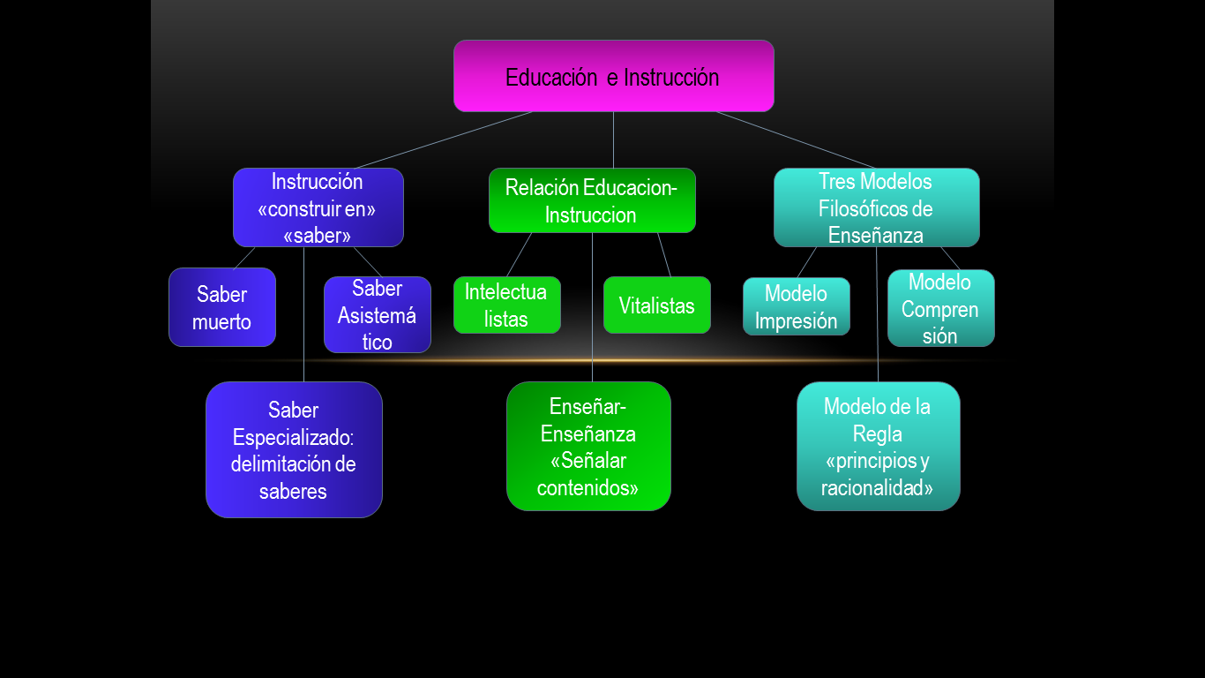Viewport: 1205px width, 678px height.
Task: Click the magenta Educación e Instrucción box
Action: tap(613, 76)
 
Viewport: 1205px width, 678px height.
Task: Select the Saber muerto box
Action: tap(222, 307)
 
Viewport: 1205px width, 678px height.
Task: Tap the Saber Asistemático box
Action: tap(377, 315)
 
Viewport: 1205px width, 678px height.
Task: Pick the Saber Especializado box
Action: tap(294, 449)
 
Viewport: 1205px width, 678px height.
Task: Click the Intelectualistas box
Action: tap(506, 305)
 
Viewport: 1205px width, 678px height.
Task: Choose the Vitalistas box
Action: tap(656, 305)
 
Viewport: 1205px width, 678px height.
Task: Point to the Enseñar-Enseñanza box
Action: tap(588, 446)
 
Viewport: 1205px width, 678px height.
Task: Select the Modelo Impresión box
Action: tap(796, 306)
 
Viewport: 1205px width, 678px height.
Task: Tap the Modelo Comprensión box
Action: tap(940, 308)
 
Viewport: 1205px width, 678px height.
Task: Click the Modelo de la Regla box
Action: tap(878, 446)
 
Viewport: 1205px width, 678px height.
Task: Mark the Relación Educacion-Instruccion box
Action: tap(592, 200)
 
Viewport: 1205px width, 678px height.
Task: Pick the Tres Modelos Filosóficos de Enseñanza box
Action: tap(876, 207)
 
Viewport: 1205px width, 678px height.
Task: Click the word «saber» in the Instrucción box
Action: tap(318, 236)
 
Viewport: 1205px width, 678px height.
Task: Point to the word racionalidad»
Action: tap(877, 488)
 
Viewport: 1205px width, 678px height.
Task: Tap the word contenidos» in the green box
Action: tap(588, 487)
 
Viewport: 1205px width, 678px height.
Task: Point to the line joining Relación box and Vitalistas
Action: tap(664, 255)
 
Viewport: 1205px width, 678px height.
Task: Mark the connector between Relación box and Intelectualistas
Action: tap(519, 255)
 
